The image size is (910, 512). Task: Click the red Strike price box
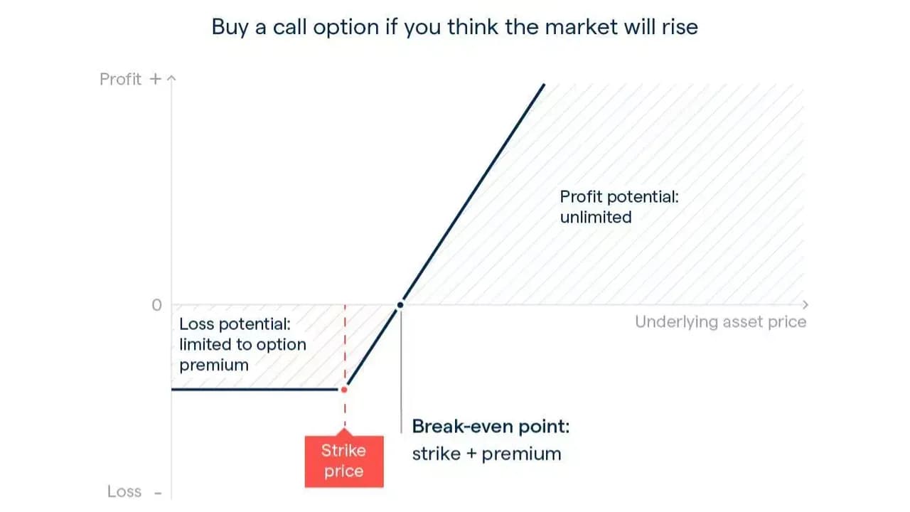pos(344,461)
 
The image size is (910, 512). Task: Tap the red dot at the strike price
pos(344,390)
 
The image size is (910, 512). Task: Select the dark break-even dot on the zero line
pos(400,305)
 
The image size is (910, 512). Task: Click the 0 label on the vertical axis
pos(157,305)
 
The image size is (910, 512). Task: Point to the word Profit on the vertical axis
pos(121,79)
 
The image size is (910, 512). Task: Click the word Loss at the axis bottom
pos(124,491)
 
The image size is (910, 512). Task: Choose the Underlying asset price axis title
pos(721,322)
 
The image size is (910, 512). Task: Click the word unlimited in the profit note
pos(596,217)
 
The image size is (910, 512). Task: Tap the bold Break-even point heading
pos(491,426)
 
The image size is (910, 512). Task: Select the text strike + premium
pos(487,454)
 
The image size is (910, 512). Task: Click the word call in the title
pos(289,27)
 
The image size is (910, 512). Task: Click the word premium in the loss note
pos(214,366)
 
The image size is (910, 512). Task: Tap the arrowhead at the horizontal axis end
pos(805,305)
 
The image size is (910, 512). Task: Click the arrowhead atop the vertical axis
pos(171,78)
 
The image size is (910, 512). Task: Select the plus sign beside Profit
pos(155,79)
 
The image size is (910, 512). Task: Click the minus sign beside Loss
pos(158,494)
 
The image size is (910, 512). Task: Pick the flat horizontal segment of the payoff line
pos(255,389)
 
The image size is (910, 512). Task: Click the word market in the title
pos(582,27)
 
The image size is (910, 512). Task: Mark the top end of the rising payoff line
pos(544,85)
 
